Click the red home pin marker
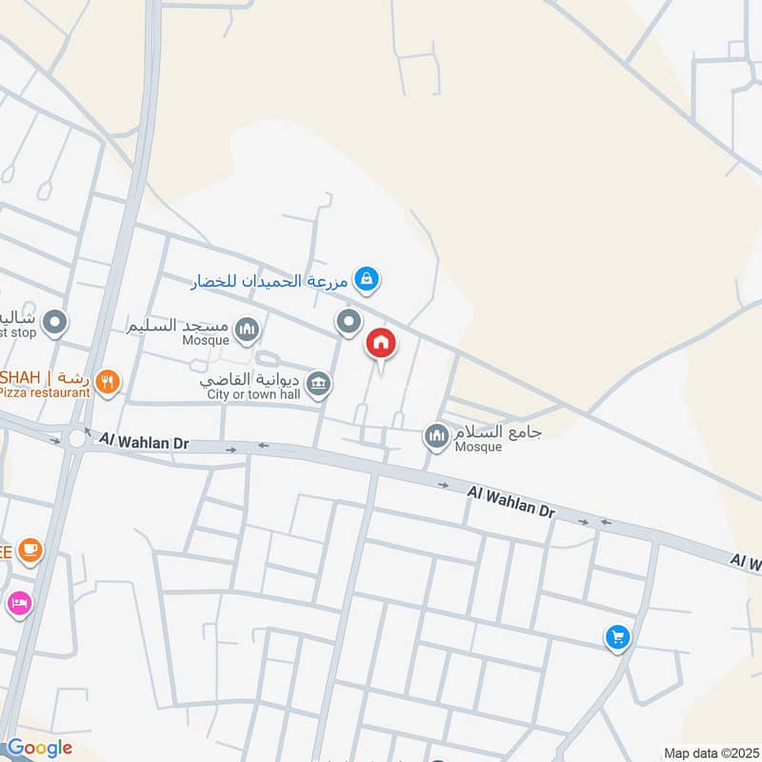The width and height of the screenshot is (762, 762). tap(381, 344)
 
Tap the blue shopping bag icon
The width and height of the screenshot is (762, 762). tap(366, 279)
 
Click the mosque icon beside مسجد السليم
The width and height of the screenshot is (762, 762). tap(248, 330)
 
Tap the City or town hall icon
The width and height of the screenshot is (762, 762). tap(319, 384)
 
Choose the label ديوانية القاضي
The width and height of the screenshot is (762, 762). tap(252, 377)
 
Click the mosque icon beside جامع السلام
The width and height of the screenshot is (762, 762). tap(436, 436)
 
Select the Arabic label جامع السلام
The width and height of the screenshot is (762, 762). tap(497, 431)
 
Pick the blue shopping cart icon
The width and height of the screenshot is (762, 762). tap(617, 637)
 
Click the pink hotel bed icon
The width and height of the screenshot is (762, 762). tap(19, 602)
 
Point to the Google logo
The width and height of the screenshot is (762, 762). tap(39, 748)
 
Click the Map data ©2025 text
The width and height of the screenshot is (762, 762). tap(711, 752)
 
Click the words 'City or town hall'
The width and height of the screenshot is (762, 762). tap(253, 394)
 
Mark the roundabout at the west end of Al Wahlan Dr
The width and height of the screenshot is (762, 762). tap(75, 438)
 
